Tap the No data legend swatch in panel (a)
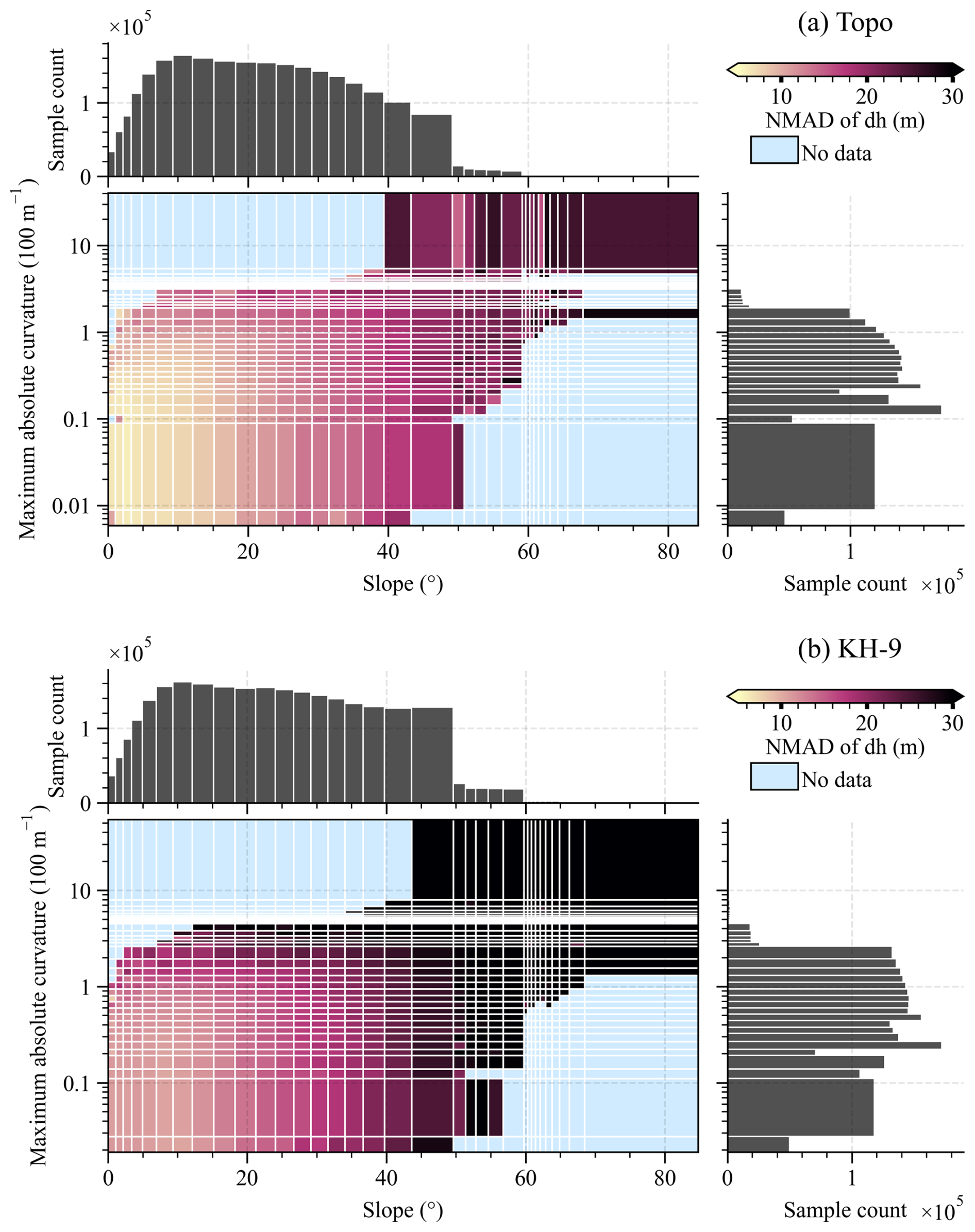pyautogui.click(x=774, y=150)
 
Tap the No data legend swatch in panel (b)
pyautogui.click(x=774, y=777)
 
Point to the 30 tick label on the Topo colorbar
pyautogui.click(x=952, y=96)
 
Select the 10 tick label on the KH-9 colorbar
pyautogui.click(x=781, y=723)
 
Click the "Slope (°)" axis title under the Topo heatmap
pyautogui.click(x=402, y=584)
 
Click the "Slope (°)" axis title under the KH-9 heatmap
pyautogui.click(x=402, y=1210)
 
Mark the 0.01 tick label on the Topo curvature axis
pyautogui.click(x=71, y=506)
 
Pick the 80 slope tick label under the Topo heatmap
pyautogui.click(x=668, y=552)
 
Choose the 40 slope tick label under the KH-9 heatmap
pyautogui.click(x=386, y=1178)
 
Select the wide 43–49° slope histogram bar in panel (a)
pyautogui.click(x=431, y=145)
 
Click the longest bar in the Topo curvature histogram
pyautogui.click(x=833, y=410)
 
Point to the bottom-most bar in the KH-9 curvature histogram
pyautogui.click(x=758, y=1144)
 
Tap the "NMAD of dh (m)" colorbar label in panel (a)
pyautogui.click(x=844, y=121)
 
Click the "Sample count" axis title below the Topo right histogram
pyautogui.click(x=844, y=584)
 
